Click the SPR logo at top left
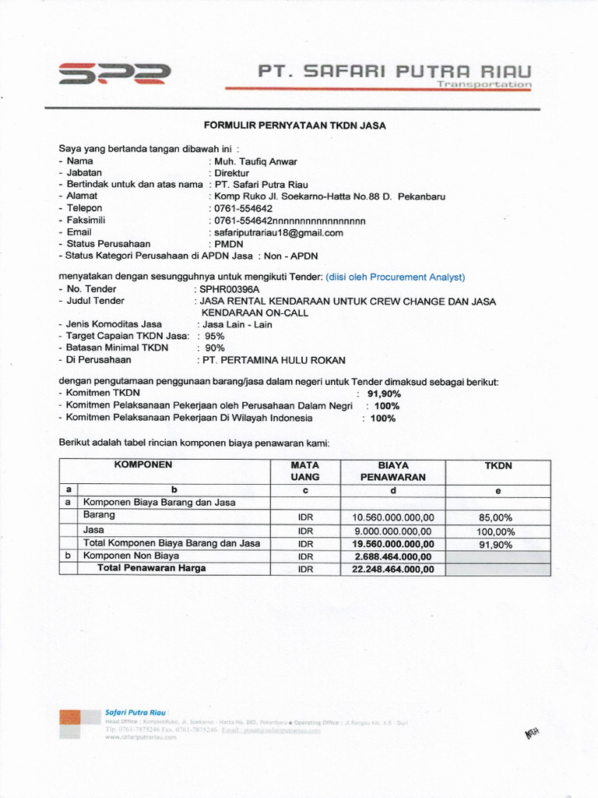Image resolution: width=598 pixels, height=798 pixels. (114, 73)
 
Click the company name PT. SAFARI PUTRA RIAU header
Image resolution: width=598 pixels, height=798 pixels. (396, 72)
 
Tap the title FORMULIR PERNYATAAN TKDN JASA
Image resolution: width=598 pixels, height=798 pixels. (295, 125)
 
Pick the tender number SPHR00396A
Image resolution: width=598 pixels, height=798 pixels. (229, 289)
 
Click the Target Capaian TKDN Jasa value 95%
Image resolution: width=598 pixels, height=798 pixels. (214, 336)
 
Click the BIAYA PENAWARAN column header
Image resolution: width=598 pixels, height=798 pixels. (393, 471)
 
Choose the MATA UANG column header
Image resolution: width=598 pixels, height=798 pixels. (305, 471)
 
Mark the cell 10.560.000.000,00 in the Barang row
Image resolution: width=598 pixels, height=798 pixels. (393, 517)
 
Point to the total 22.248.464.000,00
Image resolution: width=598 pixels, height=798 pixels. (393, 570)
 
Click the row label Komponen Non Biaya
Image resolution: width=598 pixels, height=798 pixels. (132, 556)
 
